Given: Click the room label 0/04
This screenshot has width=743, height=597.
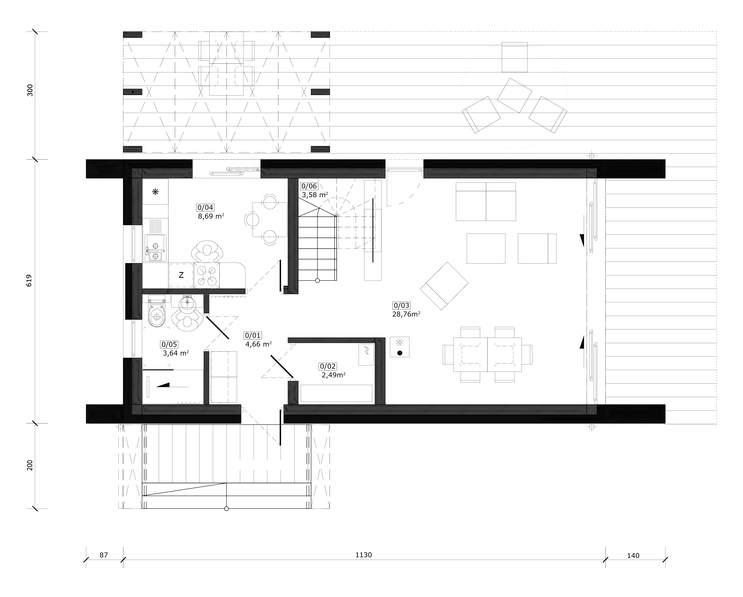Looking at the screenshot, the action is pos(205,208).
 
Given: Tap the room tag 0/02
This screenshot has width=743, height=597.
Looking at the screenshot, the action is pos(328,366).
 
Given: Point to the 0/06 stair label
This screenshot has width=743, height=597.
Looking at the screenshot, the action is pos(309,186).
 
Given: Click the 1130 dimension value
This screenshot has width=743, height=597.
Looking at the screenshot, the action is pos(364,555).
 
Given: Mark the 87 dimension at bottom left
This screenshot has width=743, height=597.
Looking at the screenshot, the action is pos(104,555).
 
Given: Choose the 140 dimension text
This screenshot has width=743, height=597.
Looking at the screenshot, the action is pos(633,556).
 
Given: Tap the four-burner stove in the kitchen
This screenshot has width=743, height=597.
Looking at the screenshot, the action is pos(207,275).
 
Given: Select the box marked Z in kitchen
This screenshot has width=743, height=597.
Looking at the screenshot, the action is pos(181,275).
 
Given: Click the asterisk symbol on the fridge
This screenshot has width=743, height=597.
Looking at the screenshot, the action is pos(155,192).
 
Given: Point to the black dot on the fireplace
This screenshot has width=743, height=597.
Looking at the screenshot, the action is pos(400,353).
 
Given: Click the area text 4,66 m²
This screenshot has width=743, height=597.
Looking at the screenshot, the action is pos(258,344).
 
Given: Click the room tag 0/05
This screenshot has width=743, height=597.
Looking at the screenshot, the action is pos(169,344).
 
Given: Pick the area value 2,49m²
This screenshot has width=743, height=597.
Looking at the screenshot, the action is pos(334,375).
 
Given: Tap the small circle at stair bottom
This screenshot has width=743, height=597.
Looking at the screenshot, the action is pos(317,281).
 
